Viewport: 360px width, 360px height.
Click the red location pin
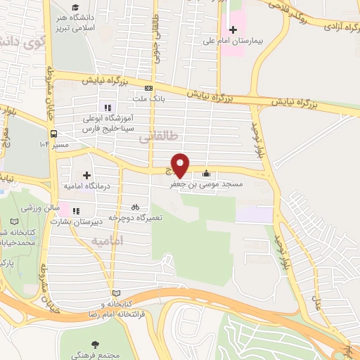[181, 165]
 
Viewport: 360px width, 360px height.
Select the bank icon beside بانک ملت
[148, 88]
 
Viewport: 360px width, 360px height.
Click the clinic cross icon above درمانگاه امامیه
[86, 174]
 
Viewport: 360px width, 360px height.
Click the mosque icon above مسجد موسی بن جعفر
[206, 174]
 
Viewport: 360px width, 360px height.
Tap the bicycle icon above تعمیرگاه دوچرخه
[136, 207]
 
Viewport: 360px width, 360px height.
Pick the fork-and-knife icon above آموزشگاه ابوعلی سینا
[108, 108]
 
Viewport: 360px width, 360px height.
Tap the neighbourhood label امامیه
[111, 240]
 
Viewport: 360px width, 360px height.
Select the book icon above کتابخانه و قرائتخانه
[116, 292]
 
